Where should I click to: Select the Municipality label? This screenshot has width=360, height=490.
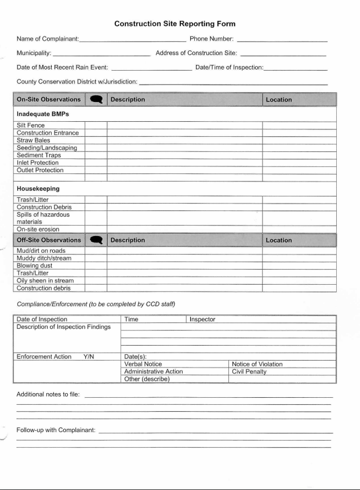coord(34,53)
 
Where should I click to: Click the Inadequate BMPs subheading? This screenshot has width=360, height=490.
coord(43,114)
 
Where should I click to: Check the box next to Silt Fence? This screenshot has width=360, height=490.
coord(96,125)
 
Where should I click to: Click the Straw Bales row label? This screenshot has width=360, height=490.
coord(34,140)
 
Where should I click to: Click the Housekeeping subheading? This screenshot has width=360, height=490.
coord(38,188)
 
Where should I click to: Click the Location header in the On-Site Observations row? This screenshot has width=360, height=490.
coord(279,100)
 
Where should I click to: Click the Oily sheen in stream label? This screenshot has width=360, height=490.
coord(45,281)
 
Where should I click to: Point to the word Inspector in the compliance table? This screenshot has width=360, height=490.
coord(202,320)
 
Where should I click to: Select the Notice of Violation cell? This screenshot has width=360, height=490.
coord(257,364)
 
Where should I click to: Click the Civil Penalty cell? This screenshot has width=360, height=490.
coord(249,372)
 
